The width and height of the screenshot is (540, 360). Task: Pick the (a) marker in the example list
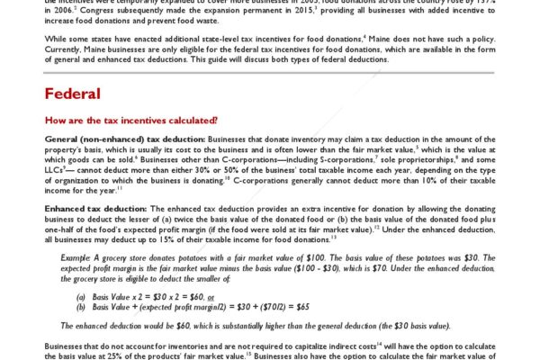pyautogui.click(x=81, y=294)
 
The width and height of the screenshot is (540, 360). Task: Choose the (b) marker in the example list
pyautogui.click(x=81, y=305)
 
